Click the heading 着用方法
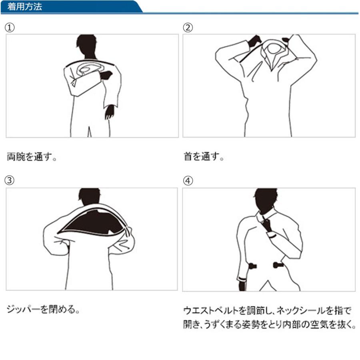click(x=24, y=6)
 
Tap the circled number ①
click(x=10, y=28)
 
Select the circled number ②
click(x=188, y=28)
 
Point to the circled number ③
click(x=10, y=180)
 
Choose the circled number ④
click(x=188, y=181)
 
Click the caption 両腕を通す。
click(x=32, y=156)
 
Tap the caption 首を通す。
click(x=204, y=156)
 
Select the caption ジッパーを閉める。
click(x=43, y=309)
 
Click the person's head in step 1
click(x=86, y=45)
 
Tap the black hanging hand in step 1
click(x=110, y=112)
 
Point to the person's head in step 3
click(x=89, y=197)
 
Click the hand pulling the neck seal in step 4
click(x=267, y=225)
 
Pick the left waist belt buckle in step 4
click(x=252, y=266)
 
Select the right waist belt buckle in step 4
click(x=278, y=265)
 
